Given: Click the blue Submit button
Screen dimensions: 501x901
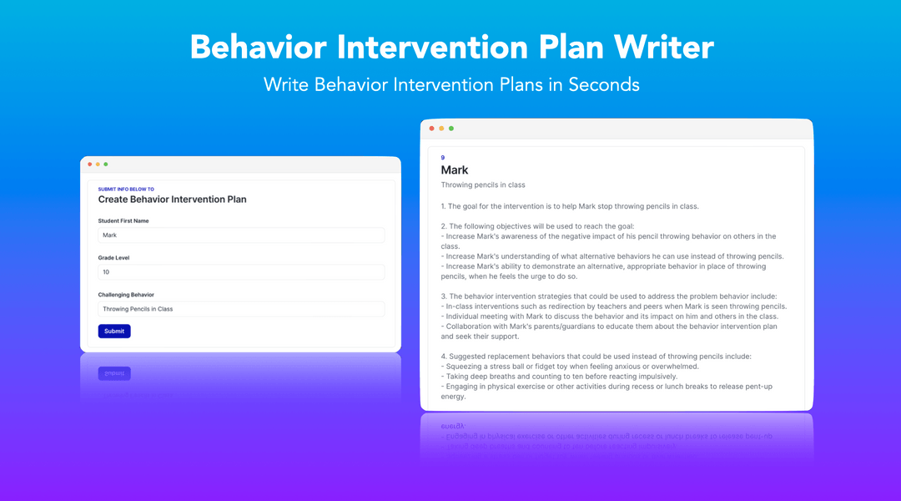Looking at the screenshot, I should click(x=114, y=331).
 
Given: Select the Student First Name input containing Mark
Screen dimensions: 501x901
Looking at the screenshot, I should click(x=241, y=235).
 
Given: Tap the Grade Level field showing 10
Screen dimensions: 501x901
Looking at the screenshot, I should click(x=241, y=272).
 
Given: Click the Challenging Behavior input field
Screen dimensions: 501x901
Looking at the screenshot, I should click(x=241, y=309).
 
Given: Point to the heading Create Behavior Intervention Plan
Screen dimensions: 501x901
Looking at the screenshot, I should click(x=172, y=200).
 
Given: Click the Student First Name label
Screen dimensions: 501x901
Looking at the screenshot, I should click(x=123, y=221).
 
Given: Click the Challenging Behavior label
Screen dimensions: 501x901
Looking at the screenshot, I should click(x=126, y=295).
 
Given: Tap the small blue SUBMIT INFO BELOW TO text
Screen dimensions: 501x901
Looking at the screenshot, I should click(x=126, y=190).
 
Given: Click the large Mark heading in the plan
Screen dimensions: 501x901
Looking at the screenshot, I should click(x=455, y=170).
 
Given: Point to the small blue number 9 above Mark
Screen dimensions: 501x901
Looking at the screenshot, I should click(x=443, y=158).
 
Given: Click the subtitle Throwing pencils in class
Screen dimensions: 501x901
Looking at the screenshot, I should click(x=483, y=185).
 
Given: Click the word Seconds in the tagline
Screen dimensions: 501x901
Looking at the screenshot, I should click(x=604, y=84).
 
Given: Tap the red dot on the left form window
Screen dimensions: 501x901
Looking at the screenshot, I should click(x=90, y=164).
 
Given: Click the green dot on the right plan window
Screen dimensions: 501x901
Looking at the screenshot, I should click(x=451, y=129).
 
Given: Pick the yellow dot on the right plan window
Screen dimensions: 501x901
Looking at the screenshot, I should click(x=441, y=129).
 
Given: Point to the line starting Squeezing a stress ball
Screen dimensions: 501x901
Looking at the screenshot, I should click(x=572, y=367).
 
